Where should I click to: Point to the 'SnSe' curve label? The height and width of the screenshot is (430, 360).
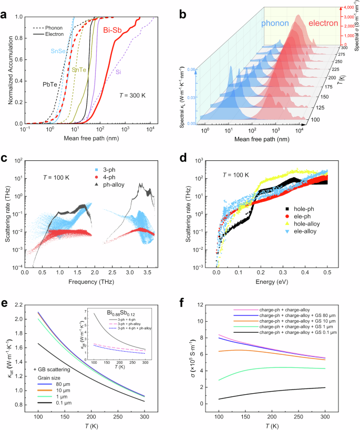click(59, 51)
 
